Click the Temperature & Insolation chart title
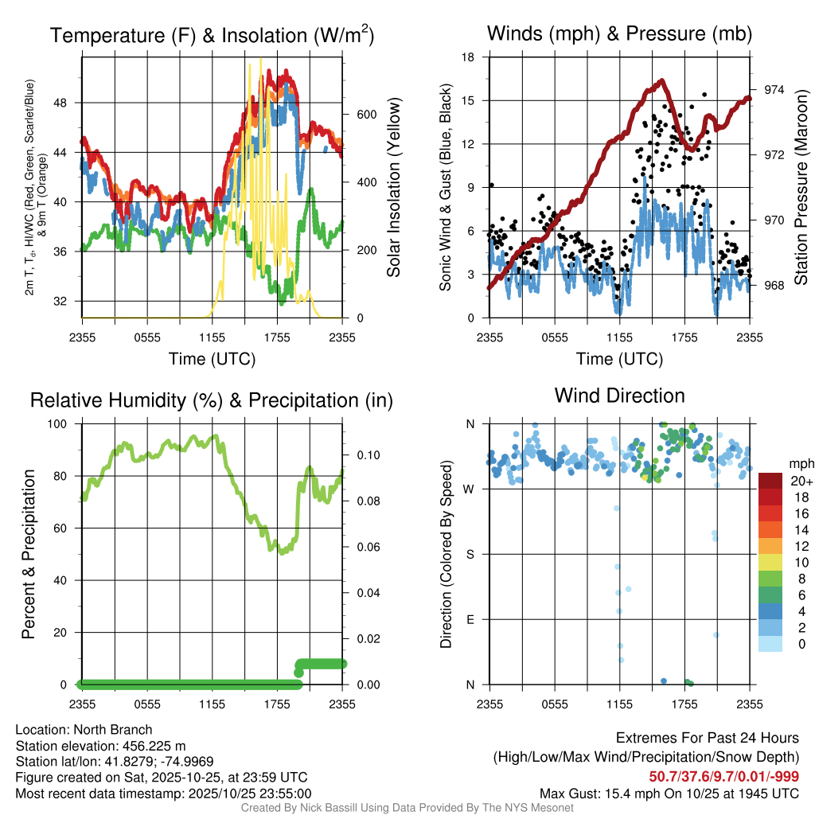tap(212, 35)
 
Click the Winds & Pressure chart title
tap(619, 33)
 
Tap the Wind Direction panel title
tap(619, 396)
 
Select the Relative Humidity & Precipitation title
tap(212, 400)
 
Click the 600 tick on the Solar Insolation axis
tap(365, 115)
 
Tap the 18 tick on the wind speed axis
tap(469, 57)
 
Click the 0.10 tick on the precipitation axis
tap(364, 456)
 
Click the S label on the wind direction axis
tap(470, 554)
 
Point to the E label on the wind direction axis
tap(470, 619)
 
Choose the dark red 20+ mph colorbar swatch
tap(771, 481)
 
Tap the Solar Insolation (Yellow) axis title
tap(393, 188)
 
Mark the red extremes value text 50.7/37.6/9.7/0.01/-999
tap(723, 777)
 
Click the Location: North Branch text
tap(84, 730)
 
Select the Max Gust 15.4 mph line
tap(669, 793)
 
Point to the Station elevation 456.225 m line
tap(100, 746)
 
